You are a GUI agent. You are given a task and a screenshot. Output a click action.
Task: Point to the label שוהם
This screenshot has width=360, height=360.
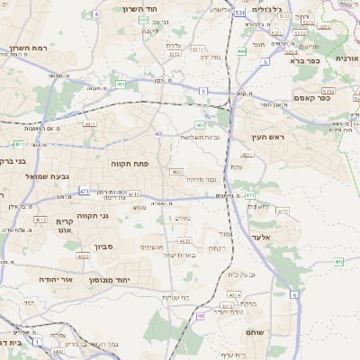255,331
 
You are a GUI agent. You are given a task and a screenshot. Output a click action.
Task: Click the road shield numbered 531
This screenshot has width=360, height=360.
238,14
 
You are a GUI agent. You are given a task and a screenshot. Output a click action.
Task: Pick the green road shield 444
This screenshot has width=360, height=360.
242,51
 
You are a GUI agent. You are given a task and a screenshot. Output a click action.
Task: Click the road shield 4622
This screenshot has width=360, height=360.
83,256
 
